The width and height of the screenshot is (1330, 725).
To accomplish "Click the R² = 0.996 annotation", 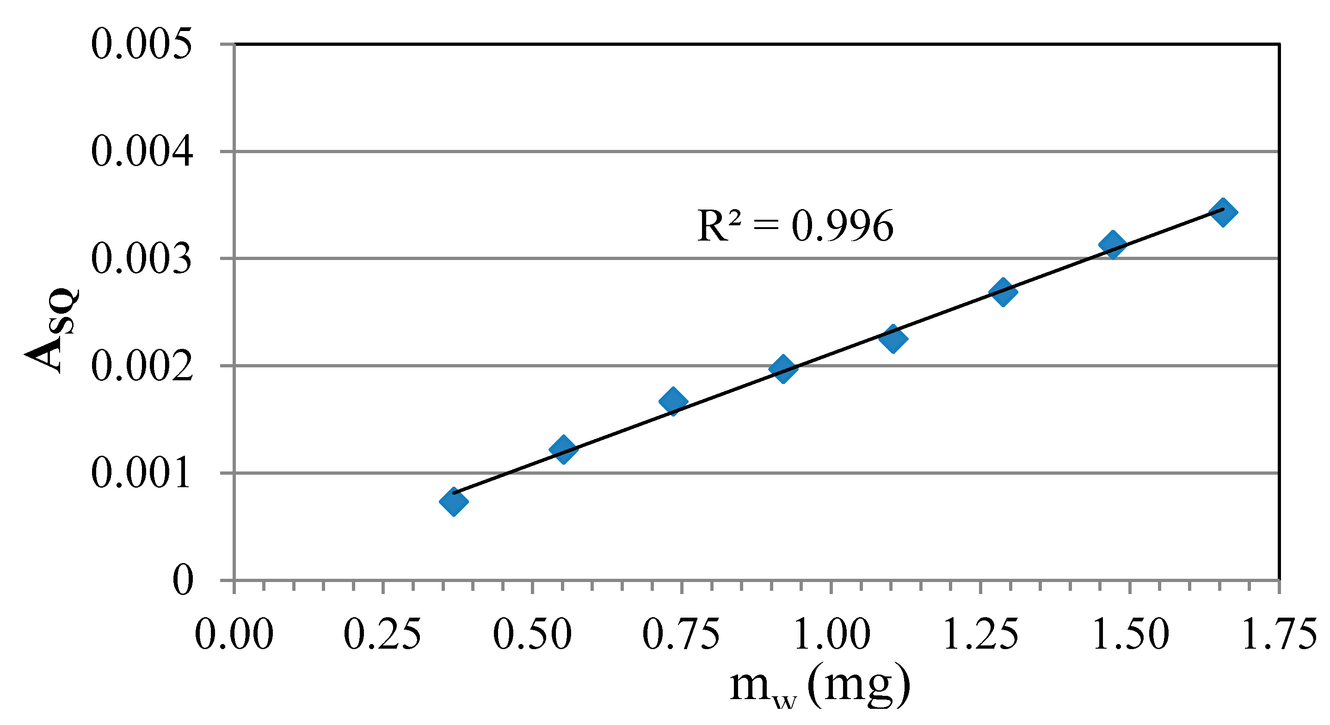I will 795,226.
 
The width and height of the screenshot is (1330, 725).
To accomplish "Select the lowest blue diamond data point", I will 454,501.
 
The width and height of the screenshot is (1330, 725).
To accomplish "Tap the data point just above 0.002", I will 783,368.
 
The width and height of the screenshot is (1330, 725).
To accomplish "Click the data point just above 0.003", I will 1113,244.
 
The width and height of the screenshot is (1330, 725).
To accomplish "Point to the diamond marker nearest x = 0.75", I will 673,401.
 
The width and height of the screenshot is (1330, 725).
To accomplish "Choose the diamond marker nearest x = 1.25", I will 1003,292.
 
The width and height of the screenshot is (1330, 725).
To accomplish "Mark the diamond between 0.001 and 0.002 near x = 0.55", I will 563,449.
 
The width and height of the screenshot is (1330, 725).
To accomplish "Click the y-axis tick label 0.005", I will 142,44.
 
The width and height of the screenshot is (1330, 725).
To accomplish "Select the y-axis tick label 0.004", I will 142,152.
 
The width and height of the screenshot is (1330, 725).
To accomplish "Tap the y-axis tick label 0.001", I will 142,473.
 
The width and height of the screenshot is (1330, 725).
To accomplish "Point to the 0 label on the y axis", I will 183,580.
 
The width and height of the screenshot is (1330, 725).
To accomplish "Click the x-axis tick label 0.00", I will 234,634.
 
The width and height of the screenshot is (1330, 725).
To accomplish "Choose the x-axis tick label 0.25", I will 382,634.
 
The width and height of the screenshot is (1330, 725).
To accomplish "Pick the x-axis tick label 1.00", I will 832,634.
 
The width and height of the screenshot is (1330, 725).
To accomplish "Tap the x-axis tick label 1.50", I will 1131,634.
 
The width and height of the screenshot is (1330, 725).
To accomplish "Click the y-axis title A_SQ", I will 52,330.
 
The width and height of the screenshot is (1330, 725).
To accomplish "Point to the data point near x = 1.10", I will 893,338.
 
